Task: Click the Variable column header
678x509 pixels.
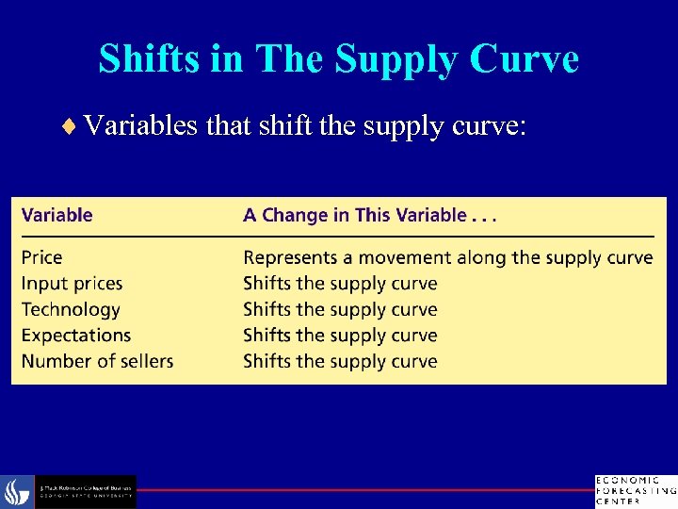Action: coord(57,215)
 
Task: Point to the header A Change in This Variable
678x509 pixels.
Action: coord(369,215)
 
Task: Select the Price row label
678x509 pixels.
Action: coord(42,257)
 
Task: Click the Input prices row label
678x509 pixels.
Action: coord(73,284)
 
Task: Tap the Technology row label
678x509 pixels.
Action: coord(72,309)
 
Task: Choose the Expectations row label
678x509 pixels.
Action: coord(76,336)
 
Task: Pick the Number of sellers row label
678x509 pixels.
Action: coord(98,361)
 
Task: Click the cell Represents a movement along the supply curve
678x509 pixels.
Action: coord(447,257)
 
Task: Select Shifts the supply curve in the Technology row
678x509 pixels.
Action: coord(340,309)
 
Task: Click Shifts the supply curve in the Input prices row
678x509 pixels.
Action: coord(340,284)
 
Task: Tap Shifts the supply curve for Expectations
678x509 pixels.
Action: coord(340,336)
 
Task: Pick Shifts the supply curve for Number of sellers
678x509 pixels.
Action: coord(340,361)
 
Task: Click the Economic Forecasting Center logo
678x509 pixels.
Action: coord(635,491)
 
